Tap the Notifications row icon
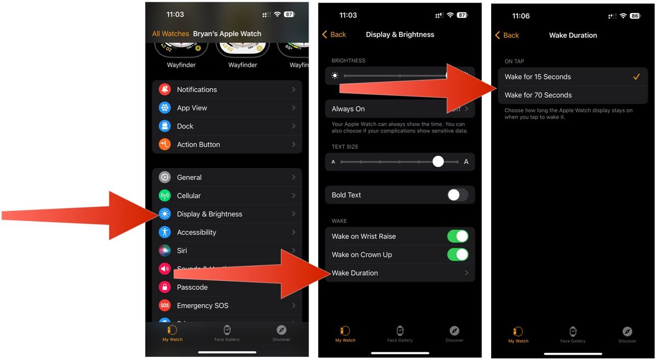tap(165, 90)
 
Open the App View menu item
tap(192, 108)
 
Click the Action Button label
tap(198, 144)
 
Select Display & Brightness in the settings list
tap(209, 214)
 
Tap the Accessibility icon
tap(165, 232)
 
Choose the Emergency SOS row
tap(203, 305)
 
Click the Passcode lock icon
tap(165, 287)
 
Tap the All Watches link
tap(170, 34)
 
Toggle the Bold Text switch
tap(457, 195)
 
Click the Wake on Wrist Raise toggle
tap(457, 236)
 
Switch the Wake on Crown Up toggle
tap(457, 254)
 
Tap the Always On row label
tap(348, 109)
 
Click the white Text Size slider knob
tap(438, 161)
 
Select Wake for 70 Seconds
tap(538, 95)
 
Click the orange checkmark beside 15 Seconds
tap(636, 77)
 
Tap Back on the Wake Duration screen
tap(507, 35)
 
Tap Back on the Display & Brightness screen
tap(334, 34)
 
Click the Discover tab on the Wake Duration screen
tap(627, 334)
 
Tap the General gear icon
tap(165, 177)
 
